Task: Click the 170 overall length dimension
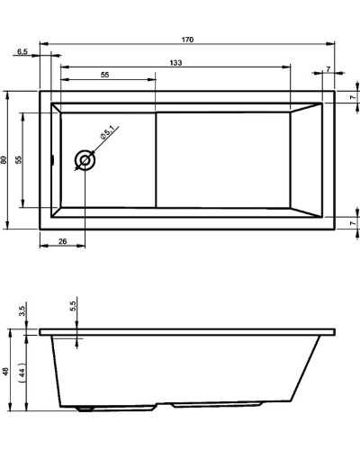click(x=187, y=40)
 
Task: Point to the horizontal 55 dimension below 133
click(x=106, y=76)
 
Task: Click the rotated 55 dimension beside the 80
click(x=19, y=159)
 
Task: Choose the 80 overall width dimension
click(x=4, y=159)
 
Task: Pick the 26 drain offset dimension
click(x=62, y=240)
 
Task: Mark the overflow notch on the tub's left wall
click(x=53, y=161)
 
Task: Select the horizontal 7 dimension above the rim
click(x=328, y=68)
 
